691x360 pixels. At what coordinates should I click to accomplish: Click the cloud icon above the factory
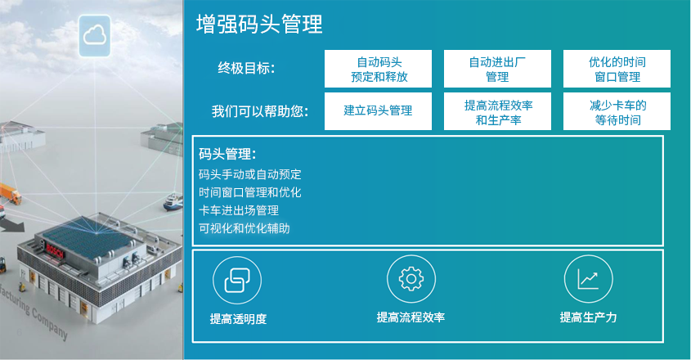pos(94,35)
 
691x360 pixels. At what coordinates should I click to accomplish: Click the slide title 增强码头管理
pos(259,25)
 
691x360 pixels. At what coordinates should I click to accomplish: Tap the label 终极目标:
pos(246,69)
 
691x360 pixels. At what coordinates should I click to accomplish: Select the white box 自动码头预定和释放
pos(378,69)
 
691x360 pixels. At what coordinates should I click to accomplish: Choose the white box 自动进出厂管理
pos(497,69)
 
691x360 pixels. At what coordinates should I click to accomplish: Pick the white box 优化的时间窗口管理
pos(617,69)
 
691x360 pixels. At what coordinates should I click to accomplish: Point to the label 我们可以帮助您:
pos(259,111)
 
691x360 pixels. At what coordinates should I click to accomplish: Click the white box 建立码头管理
pos(378,111)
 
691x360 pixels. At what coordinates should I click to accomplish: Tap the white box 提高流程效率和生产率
pos(497,111)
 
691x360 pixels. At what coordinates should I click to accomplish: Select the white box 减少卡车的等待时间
pos(617,111)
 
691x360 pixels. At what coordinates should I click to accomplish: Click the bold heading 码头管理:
pos(227,154)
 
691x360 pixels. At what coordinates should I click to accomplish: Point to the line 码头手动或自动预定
pos(250,174)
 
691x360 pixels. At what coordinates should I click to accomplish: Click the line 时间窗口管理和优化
pos(250,192)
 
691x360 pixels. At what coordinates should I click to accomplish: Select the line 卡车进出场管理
pos(239,210)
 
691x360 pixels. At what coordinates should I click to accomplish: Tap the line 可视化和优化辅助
pos(245,228)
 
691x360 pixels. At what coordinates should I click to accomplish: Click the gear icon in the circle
pos(411,279)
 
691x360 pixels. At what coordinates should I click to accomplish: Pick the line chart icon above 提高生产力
pos(588,279)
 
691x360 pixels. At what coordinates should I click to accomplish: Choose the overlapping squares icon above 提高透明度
pos(237,280)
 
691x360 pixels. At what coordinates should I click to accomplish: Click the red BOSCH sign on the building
pos(55,250)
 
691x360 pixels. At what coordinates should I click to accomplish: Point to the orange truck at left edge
pos(10,193)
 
